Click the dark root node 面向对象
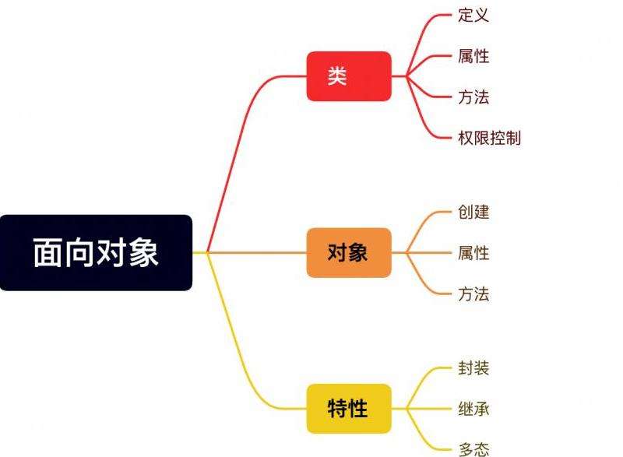[x=96, y=253]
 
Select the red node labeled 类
[x=348, y=76]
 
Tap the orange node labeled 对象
[x=348, y=253]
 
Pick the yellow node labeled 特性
[x=348, y=409]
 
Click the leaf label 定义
[x=473, y=15]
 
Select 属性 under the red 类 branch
[x=473, y=56]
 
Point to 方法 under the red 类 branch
[x=473, y=97]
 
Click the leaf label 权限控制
[x=489, y=139]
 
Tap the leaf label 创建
[x=473, y=212]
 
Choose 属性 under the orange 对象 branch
[x=473, y=253]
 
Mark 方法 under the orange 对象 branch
[x=473, y=294]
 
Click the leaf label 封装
[x=473, y=368]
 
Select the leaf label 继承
[x=473, y=409]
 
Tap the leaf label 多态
[x=473, y=449]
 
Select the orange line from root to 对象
[x=257, y=253]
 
